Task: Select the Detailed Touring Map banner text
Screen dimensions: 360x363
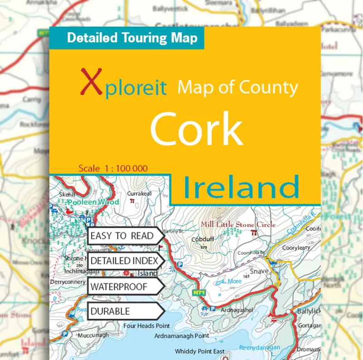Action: (132, 38)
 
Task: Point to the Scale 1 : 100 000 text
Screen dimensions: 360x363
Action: (113, 168)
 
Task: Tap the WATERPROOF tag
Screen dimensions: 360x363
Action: (119, 286)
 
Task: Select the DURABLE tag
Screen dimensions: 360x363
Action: (110, 311)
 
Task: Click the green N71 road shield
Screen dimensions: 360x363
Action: (199, 293)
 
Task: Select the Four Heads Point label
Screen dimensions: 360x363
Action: (147, 325)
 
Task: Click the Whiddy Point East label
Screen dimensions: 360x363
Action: (200, 351)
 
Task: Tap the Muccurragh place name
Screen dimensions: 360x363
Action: (94, 336)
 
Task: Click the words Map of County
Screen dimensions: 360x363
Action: (237, 87)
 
